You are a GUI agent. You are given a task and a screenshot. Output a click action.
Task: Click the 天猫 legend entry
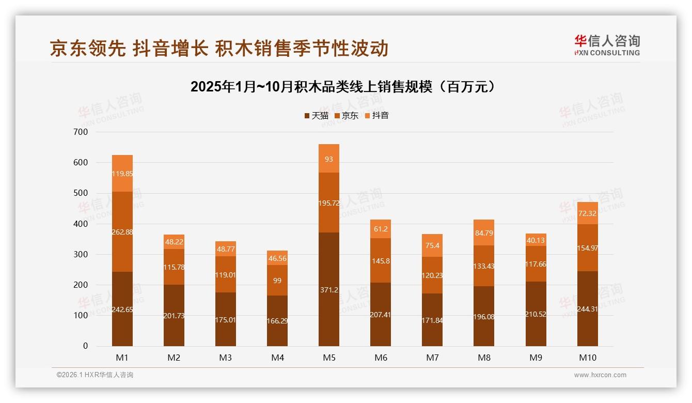coord(316,116)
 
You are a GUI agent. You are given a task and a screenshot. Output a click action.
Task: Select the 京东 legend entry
coord(347,116)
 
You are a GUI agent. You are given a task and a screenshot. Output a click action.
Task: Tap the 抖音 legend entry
coord(377,116)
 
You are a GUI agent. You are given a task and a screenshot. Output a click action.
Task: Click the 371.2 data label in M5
coord(329,290)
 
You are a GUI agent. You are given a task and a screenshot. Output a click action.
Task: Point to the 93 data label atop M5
coord(329,159)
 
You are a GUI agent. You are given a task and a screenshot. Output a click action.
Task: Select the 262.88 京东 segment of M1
coord(122,232)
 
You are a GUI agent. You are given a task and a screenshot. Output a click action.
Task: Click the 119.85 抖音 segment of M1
coord(122,174)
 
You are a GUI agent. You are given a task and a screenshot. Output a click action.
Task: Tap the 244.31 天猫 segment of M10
coord(588,309)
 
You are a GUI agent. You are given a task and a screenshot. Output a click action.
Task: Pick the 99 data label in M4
coord(277,280)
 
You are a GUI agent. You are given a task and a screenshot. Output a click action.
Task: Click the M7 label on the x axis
coord(432,358)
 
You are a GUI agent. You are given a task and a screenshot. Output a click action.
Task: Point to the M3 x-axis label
coord(226,358)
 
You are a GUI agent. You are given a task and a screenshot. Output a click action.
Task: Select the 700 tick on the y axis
coord(81,132)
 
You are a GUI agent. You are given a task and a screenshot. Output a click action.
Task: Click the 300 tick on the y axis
coord(81,255)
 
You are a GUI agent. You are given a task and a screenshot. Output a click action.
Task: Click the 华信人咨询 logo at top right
coord(607,45)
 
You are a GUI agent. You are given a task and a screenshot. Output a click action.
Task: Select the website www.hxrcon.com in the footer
coord(600,375)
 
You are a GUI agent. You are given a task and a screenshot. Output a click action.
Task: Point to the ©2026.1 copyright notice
coord(95,375)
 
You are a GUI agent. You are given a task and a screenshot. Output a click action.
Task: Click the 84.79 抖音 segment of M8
coord(484,233)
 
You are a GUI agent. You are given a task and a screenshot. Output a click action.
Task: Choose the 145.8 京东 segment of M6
coord(381,261)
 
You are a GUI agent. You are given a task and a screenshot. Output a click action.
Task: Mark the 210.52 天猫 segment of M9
coord(536,314)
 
